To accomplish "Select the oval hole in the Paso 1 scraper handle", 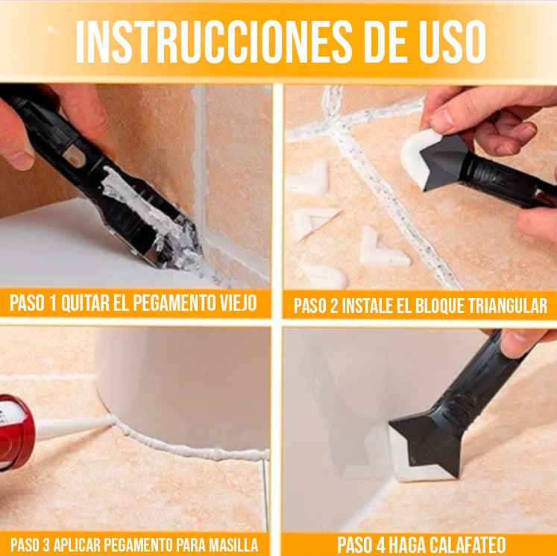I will pyautogui.click(x=75, y=155).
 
